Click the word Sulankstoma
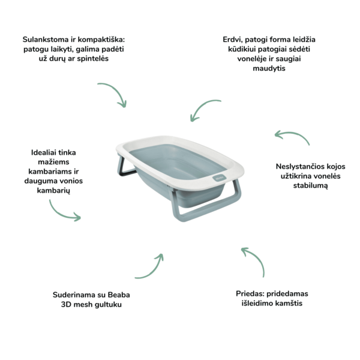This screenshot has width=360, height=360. pyautogui.click(x=46, y=40)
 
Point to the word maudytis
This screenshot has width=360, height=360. pyautogui.click(x=269, y=68)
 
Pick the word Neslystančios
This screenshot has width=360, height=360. pyautogui.click(x=298, y=166)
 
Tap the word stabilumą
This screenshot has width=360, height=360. pyautogui.click(x=310, y=185)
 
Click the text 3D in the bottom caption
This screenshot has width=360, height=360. pyautogui.click(x=65, y=304)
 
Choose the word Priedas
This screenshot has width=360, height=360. pyautogui.click(x=250, y=293)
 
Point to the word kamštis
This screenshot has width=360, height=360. pyautogui.click(x=289, y=303)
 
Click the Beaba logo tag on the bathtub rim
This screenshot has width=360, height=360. pyautogui.click(x=220, y=178)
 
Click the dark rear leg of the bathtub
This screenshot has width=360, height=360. pyautogui.click(x=125, y=169)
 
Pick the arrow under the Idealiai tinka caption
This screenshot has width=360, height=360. pyautogui.click(x=60, y=213)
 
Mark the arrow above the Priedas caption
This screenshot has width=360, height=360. pyautogui.click(x=257, y=257)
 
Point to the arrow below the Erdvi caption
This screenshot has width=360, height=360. pyautogui.click(x=202, y=106)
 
